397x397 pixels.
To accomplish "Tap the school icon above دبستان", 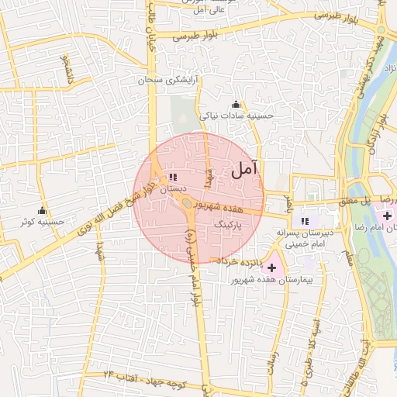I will coord(172,177).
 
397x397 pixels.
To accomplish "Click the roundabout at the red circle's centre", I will coord(188,204).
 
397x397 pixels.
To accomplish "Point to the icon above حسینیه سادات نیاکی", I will coord(236,105).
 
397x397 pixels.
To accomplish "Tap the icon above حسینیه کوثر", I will coord(42,211).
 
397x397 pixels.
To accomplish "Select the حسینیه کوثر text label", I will coord(43,223).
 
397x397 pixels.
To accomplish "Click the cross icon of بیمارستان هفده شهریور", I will coord(271,267).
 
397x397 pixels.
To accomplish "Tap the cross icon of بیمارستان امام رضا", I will coord(387,213).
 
